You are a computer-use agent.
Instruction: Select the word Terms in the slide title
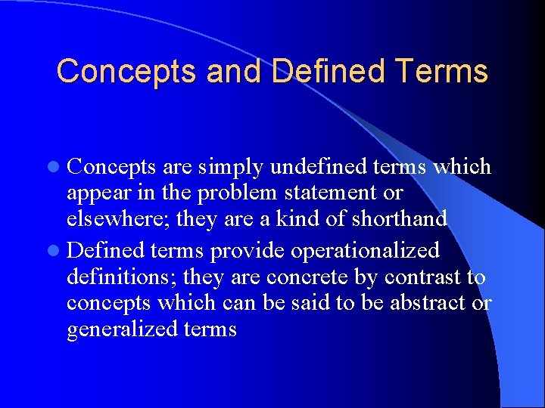point(441,72)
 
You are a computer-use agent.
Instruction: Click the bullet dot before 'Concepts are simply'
point(58,167)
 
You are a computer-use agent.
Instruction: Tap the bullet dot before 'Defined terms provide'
point(58,250)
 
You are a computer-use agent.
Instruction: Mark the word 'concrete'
point(288,277)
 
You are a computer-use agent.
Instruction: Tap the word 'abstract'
point(431,303)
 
